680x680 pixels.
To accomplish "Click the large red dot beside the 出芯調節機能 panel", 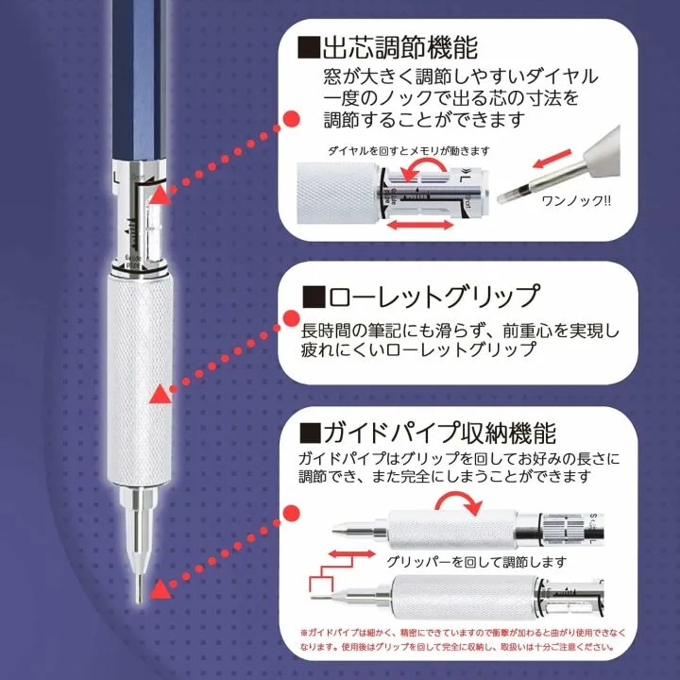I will coord(292,118).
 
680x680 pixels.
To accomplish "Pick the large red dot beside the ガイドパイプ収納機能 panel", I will coord(292,514).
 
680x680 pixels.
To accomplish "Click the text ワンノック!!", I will coord(574,201).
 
